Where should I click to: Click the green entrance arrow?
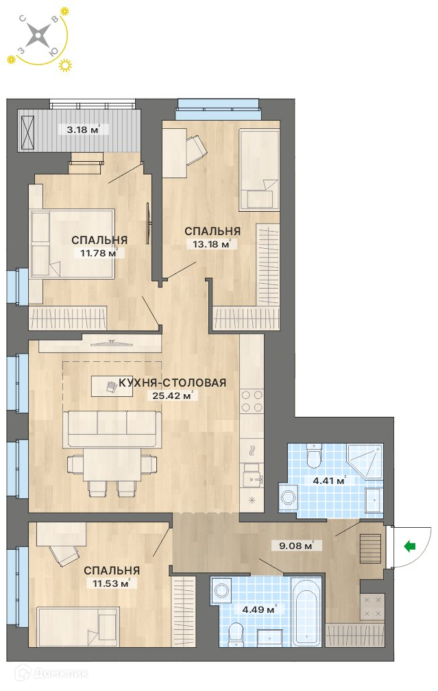pyautogui.click(x=410, y=546)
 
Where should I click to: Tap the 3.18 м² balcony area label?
pyautogui.click(x=83, y=130)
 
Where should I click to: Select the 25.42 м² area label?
pyautogui.click(x=172, y=396)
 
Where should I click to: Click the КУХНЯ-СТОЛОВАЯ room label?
pyautogui.click(x=172, y=383)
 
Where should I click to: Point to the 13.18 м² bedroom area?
pyautogui.click(x=212, y=244)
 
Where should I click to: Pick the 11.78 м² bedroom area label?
pyautogui.click(x=99, y=253)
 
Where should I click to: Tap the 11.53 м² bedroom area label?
pyautogui.click(x=111, y=583)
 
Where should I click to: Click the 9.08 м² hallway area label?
pyautogui.click(x=296, y=546)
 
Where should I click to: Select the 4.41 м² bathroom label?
pyautogui.click(x=329, y=481)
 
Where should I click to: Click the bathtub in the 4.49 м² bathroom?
pyautogui.click(x=308, y=610)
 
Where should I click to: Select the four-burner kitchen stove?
pyautogui.click(x=252, y=401)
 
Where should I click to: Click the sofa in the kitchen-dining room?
pyautogui.click(x=112, y=428)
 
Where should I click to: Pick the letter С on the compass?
pyautogui.click(x=23, y=19)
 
